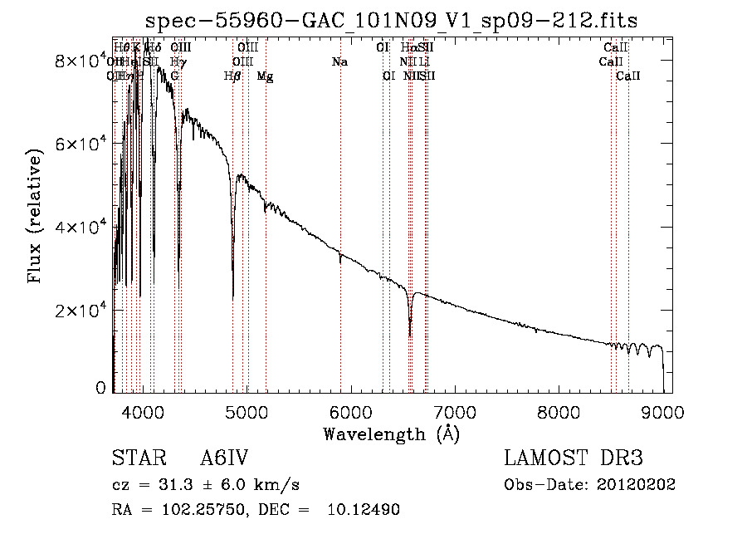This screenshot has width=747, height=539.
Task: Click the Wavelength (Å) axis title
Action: click(x=392, y=433)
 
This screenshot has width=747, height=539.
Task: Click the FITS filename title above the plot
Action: click(x=392, y=21)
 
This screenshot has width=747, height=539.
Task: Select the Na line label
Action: click(x=339, y=61)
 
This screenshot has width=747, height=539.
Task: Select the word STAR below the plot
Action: click(x=133, y=459)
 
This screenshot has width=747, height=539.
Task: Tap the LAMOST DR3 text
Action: click(x=574, y=459)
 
